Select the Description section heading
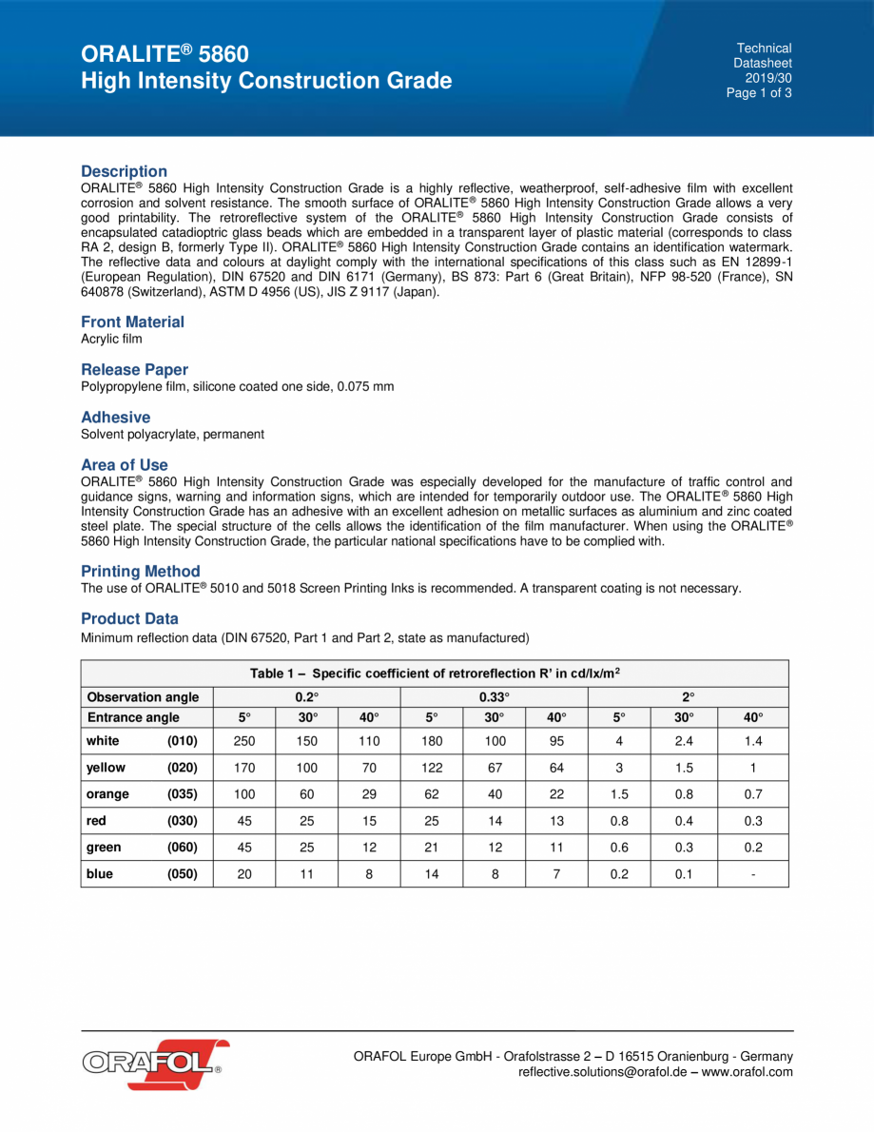point(124,171)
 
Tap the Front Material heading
point(132,322)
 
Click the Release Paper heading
point(134,369)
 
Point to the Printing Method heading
point(140,571)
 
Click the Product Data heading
point(129,618)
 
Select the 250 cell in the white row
point(243,741)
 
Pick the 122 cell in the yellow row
point(432,768)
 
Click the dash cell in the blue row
point(752,874)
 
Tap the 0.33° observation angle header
point(494,697)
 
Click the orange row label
point(107,794)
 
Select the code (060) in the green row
point(183,848)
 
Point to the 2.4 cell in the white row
point(683,741)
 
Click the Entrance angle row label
point(133,717)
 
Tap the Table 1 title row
point(435,673)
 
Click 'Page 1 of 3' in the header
point(758,93)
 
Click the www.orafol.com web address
point(747,1072)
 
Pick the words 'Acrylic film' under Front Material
point(111,340)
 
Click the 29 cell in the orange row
point(369,794)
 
